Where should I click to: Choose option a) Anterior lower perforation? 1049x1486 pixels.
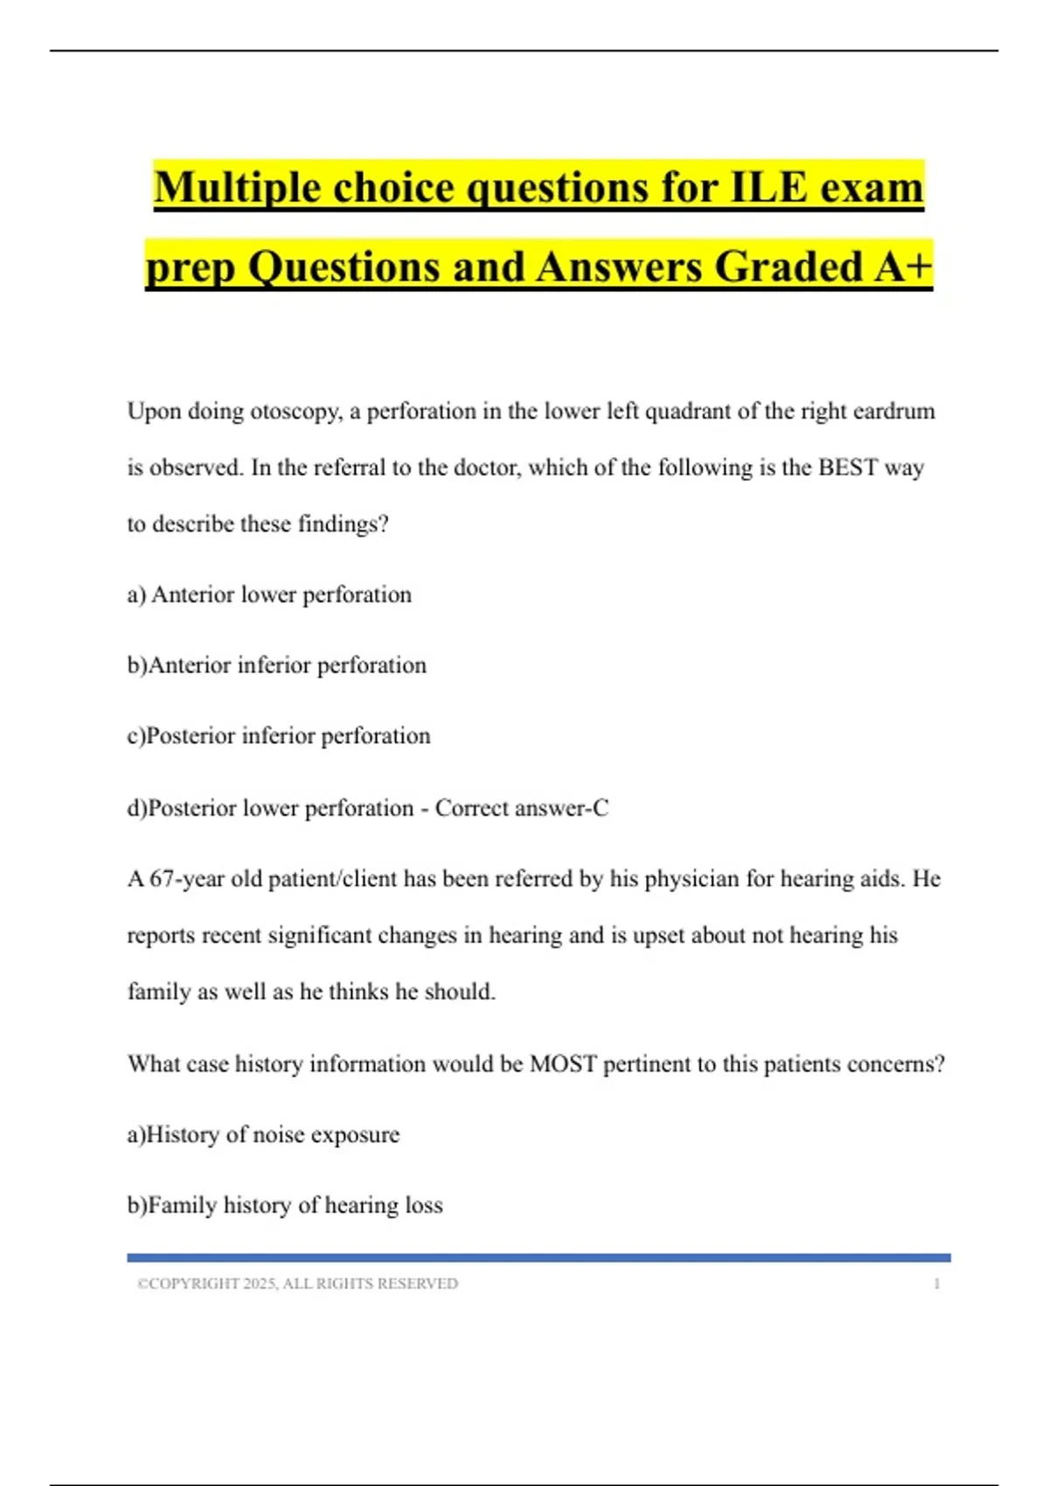[269, 595]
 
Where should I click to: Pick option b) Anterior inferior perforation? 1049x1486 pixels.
[276, 666]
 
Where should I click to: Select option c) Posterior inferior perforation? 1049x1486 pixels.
[278, 737]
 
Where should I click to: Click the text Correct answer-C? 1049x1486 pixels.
[522, 809]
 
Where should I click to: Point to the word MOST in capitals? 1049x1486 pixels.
[563, 1065]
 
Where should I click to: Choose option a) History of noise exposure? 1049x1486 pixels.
[263, 1135]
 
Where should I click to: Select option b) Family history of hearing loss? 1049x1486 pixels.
[285, 1206]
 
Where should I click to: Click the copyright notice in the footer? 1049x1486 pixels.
[297, 1284]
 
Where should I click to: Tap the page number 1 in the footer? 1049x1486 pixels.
[936, 1284]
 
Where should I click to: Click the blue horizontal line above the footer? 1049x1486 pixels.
[538, 1258]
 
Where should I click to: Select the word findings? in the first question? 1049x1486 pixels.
[343, 524]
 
